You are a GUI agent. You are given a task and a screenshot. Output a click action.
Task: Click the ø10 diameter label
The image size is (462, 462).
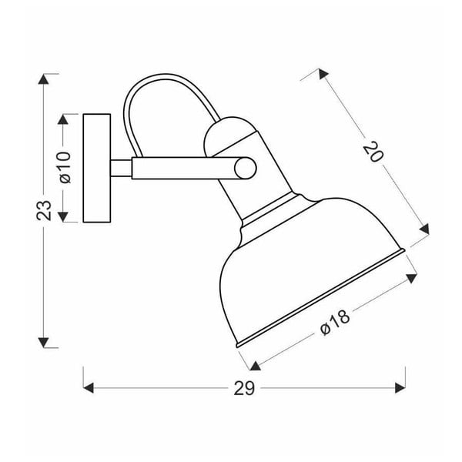tap(65, 167)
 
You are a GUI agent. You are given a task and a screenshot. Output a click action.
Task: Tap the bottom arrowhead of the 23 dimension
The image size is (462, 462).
tap(46, 341)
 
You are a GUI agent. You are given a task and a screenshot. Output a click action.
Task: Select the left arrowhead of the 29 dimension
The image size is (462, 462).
tap(88, 387)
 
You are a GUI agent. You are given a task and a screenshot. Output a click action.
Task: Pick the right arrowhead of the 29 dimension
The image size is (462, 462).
tap(400, 387)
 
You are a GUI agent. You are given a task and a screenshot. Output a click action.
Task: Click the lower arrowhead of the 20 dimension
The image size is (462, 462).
tap(423, 227)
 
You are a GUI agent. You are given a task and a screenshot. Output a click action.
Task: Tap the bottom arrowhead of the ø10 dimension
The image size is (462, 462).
tap(65, 216)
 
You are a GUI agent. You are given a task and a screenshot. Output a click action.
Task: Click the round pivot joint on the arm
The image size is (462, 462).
tap(245, 168)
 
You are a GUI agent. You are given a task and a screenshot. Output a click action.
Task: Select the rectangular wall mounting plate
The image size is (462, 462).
tap(97, 168)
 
